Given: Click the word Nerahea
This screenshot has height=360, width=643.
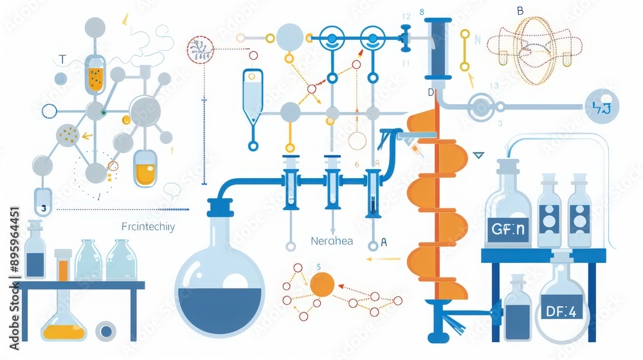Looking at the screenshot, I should coord(332,242).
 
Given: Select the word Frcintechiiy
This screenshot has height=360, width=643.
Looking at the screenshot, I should coord(148,226).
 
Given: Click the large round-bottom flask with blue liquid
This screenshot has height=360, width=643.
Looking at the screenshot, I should coord(221,283).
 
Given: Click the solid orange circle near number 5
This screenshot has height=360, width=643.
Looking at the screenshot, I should coord(322,283).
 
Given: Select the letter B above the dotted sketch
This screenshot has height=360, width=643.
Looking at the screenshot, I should coord(520,10).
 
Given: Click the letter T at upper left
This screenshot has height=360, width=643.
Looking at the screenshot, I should coord(62,60).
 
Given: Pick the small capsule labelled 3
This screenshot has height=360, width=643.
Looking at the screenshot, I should coord(43,201).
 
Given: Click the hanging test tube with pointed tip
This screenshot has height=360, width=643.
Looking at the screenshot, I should coord(253,96).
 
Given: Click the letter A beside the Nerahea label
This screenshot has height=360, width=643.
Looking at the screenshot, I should coord(384,242).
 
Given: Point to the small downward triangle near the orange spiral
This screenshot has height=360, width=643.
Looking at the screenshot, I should coord(478,155).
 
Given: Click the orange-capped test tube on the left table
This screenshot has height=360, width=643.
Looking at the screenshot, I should coord(62,264).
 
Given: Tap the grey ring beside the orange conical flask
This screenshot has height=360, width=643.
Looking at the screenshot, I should coord(105,331).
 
